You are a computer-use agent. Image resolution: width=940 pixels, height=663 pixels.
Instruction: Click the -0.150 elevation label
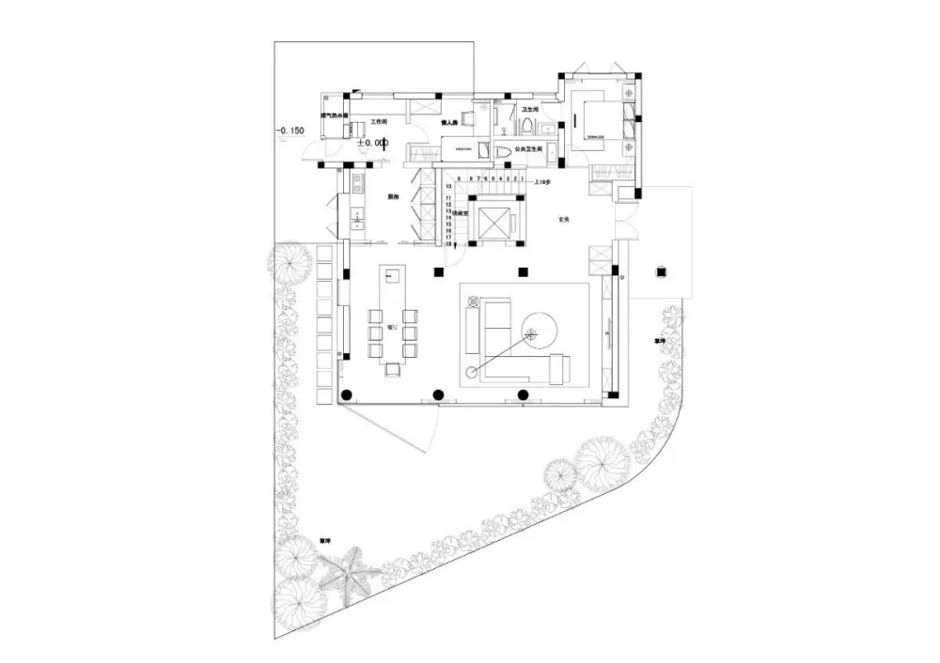point(292,130)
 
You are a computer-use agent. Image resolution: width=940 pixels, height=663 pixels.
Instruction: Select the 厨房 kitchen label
point(393,197)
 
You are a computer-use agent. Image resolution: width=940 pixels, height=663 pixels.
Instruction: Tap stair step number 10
point(449,187)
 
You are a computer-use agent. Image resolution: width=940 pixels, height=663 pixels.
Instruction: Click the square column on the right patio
point(662,271)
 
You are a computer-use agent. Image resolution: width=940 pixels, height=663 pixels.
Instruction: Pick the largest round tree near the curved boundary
point(602,460)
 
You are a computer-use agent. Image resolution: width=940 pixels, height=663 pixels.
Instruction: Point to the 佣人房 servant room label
point(449,122)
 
